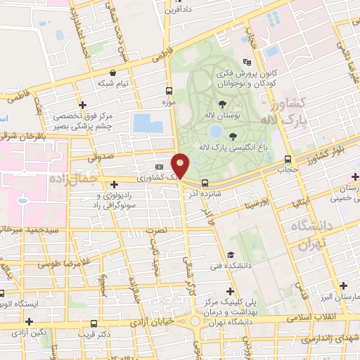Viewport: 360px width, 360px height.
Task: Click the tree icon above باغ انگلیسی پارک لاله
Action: tap(233, 136)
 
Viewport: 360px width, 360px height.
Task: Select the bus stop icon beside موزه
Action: tap(169, 91)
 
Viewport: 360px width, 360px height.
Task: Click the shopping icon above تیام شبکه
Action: tap(113, 72)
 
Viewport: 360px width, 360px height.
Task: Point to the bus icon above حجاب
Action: tap(287, 159)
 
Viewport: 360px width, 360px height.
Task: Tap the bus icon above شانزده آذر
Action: tap(205, 183)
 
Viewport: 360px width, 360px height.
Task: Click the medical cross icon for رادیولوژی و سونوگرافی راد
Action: tap(114, 184)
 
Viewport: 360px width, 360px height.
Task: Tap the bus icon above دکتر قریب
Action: tap(94, 323)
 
